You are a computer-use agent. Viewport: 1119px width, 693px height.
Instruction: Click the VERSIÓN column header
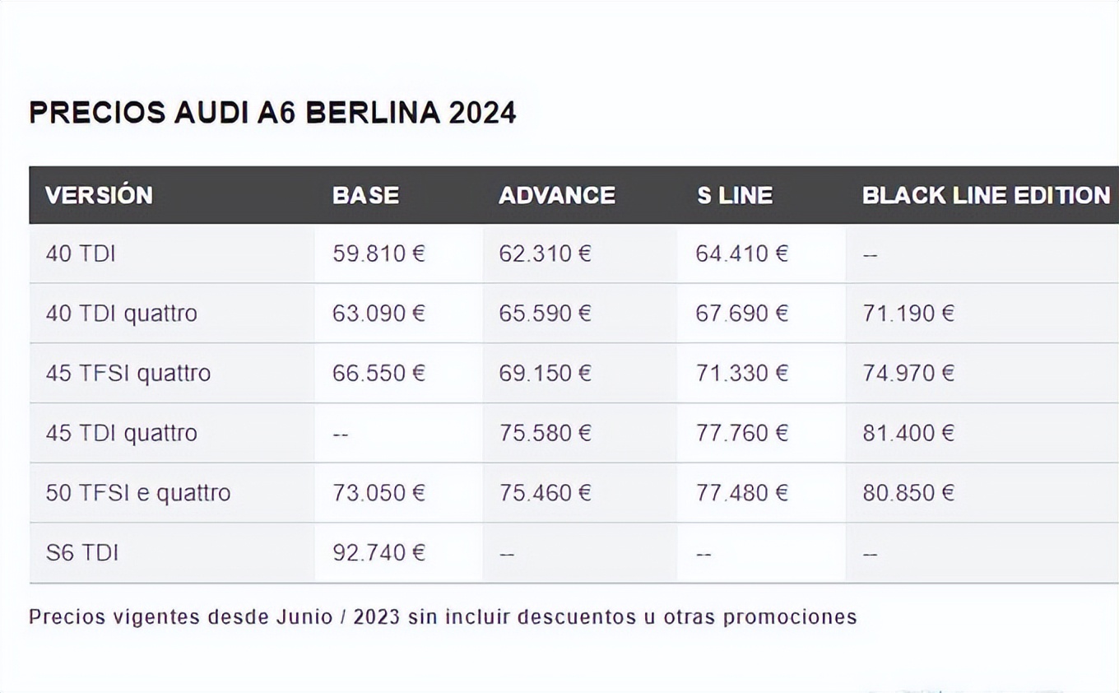(x=99, y=195)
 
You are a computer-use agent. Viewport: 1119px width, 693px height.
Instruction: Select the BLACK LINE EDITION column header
(x=986, y=195)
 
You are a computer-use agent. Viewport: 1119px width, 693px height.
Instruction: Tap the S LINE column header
(x=735, y=195)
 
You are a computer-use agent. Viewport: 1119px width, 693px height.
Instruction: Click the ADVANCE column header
(x=557, y=195)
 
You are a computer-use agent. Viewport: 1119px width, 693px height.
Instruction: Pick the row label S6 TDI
(x=82, y=552)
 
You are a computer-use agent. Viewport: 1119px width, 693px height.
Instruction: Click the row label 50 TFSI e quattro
(x=138, y=493)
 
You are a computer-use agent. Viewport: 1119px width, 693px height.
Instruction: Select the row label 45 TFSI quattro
(x=128, y=374)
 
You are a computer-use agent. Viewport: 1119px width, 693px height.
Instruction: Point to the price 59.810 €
(x=378, y=253)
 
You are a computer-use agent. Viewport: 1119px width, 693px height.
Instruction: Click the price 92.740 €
(x=378, y=552)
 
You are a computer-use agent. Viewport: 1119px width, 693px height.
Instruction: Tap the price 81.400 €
(x=908, y=433)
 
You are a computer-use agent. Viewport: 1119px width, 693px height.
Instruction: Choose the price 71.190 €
(x=908, y=314)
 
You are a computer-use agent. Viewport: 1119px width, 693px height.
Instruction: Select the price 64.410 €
(x=741, y=253)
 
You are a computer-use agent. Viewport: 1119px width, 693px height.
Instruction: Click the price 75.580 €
(x=545, y=433)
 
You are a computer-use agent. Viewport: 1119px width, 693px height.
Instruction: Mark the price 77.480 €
(x=741, y=493)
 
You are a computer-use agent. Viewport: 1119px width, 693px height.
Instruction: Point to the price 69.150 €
(x=545, y=374)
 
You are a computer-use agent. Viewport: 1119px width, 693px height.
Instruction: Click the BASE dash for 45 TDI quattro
(x=341, y=434)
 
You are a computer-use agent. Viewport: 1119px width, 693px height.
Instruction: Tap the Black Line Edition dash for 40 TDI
(x=871, y=254)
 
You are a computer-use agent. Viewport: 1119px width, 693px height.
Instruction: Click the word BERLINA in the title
(x=373, y=113)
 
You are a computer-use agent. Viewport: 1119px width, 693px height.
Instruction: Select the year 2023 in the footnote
(x=377, y=617)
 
